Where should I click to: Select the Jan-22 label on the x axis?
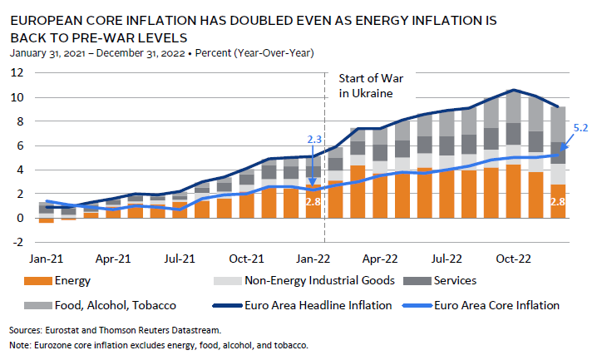(314, 259)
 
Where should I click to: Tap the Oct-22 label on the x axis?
(514, 259)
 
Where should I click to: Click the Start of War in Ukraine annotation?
(365, 86)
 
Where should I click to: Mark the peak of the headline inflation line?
(516, 90)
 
